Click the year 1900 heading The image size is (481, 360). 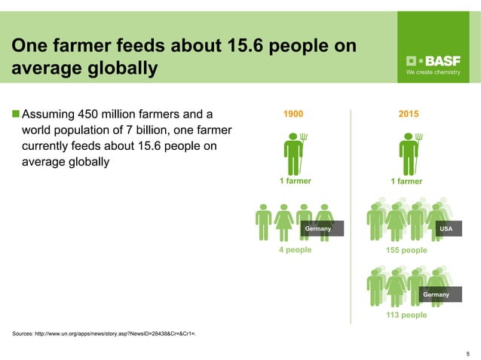pos(294,114)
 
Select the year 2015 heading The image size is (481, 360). pos(409,114)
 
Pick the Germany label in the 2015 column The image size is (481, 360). pos(436,294)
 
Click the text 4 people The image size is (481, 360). pos(295,250)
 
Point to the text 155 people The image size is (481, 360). pos(406,250)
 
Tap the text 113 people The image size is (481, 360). pos(406,315)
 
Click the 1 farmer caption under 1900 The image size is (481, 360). pos(295,181)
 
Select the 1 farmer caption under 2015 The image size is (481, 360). pos(406,181)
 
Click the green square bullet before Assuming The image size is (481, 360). pos(16,115)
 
